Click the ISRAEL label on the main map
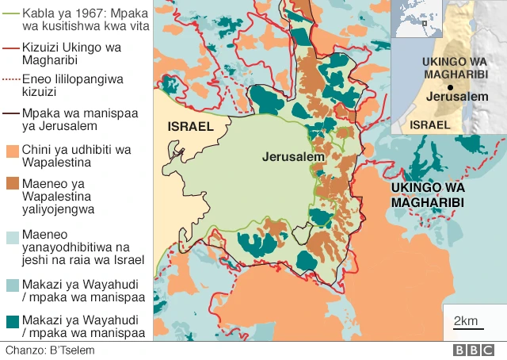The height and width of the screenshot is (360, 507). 190,127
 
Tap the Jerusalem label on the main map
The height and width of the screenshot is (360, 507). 294,157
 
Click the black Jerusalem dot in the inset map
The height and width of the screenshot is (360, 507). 450,86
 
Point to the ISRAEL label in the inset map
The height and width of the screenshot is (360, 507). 431,124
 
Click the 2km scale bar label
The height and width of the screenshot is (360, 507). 465,320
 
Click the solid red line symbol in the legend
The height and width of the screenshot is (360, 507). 11,48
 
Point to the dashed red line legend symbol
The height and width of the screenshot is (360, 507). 11,79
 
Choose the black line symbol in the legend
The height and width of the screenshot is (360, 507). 11,113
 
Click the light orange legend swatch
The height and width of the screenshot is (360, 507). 12,150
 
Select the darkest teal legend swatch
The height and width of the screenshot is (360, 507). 12,320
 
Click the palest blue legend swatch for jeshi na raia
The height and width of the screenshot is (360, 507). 12,237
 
